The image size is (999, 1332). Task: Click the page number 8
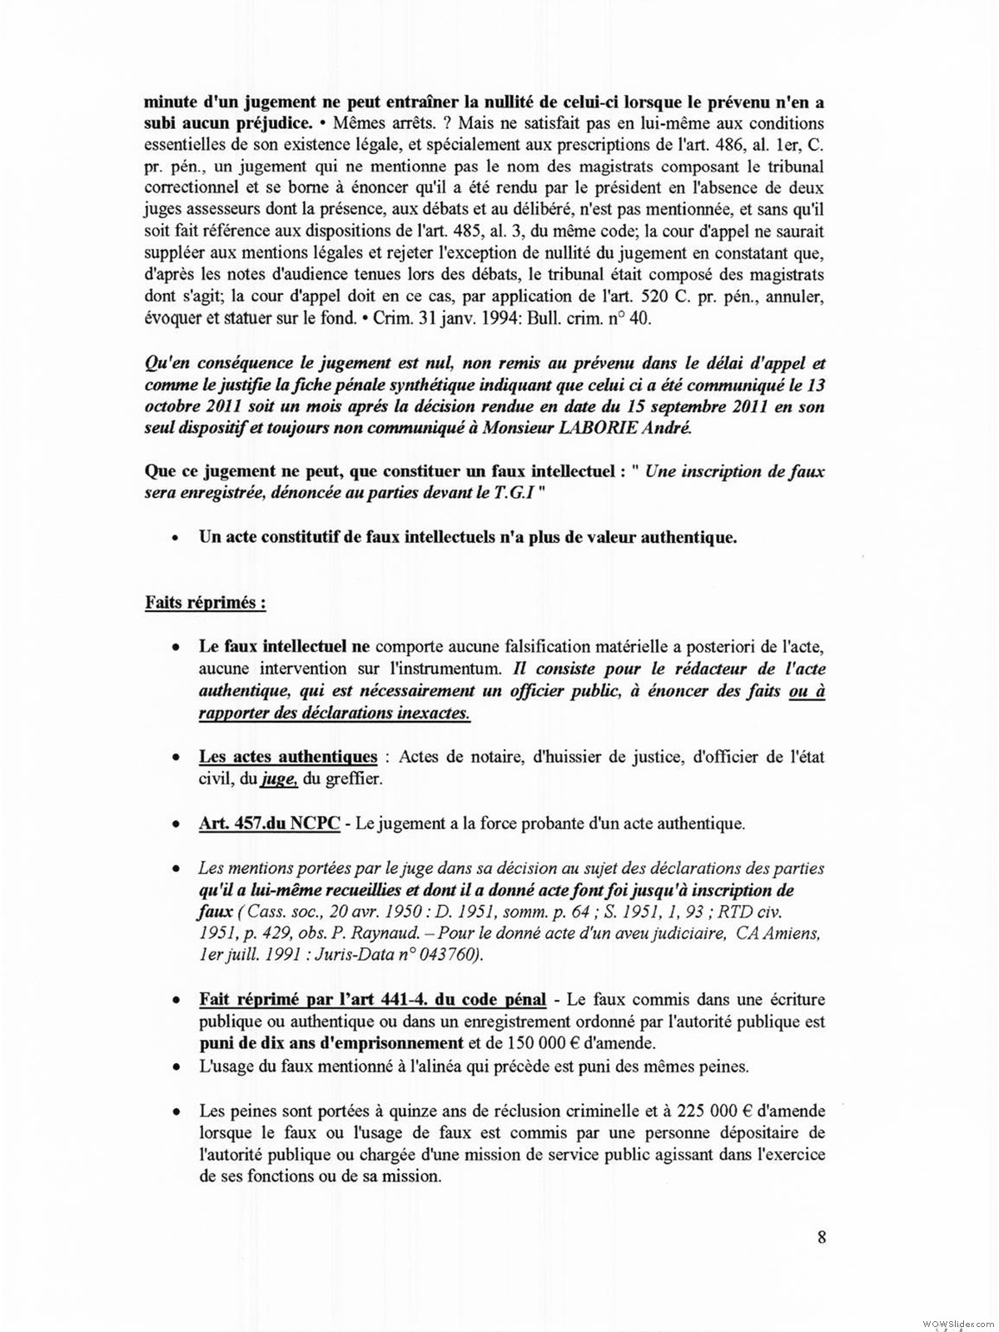tap(822, 1236)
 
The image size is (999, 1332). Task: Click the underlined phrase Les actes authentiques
tap(287, 757)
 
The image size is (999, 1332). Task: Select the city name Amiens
tap(792, 934)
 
